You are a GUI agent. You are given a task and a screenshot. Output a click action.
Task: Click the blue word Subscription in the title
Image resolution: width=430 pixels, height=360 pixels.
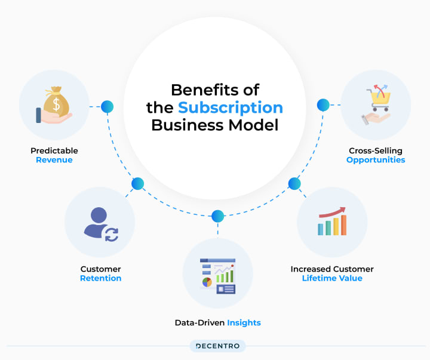click(x=231, y=107)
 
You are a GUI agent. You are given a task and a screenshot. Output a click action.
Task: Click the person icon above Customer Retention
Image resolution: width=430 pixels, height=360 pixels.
click(x=100, y=224)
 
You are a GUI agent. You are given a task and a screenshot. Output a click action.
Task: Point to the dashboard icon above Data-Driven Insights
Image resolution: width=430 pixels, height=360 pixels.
click(x=217, y=276)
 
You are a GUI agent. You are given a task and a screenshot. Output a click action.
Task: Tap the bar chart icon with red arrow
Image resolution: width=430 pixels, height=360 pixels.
click(x=332, y=221)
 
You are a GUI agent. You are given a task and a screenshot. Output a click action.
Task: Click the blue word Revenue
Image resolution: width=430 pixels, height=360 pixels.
click(x=54, y=160)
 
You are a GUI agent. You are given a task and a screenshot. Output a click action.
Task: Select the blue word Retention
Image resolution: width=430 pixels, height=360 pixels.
click(x=101, y=278)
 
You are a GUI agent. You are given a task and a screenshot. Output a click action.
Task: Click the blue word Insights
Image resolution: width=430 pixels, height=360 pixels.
click(x=244, y=322)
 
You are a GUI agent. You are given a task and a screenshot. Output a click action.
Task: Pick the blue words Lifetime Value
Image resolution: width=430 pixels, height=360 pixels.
click(x=332, y=278)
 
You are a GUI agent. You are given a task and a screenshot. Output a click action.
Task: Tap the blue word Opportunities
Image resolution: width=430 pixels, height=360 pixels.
click(x=376, y=160)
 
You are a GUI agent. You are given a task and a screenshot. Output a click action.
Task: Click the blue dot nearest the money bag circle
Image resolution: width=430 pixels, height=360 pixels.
click(x=107, y=106)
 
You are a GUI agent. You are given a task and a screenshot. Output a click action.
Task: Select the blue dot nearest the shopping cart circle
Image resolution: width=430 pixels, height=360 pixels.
click(x=323, y=105)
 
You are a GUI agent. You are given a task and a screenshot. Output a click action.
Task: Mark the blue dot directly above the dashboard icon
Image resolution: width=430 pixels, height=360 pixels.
click(x=217, y=216)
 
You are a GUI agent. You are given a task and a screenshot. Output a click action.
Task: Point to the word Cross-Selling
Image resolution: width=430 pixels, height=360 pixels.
click(x=376, y=150)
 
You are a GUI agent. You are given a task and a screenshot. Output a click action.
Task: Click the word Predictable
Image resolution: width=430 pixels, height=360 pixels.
click(x=54, y=150)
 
